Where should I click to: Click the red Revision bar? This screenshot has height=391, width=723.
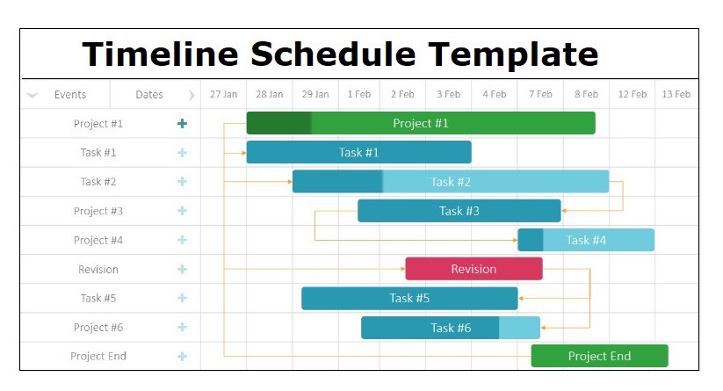point(474,269)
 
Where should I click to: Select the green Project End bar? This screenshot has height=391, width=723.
point(599,356)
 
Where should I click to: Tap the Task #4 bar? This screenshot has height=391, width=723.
point(586,240)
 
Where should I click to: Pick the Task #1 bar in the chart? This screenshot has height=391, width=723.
point(358,152)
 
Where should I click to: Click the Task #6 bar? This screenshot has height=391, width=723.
point(451,328)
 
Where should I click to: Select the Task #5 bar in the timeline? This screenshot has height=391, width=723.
point(409,299)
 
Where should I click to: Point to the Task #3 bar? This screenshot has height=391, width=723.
point(459,211)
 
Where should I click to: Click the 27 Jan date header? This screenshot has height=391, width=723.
point(224,95)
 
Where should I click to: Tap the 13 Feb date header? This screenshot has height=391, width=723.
point(676,95)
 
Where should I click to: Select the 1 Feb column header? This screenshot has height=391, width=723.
point(358,95)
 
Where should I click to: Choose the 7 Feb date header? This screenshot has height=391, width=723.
point(540,95)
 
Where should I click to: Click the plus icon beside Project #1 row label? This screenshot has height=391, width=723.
point(182,124)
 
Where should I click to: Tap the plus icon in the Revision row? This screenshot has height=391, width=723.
point(182,269)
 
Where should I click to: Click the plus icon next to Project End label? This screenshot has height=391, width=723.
point(182,357)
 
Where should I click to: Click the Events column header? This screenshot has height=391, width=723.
point(70,95)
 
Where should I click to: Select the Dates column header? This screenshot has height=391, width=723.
point(149,95)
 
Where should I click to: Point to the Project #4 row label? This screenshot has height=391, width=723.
point(98,240)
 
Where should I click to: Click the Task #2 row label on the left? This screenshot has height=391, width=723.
point(98,182)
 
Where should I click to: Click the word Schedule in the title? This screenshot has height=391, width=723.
point(333,54)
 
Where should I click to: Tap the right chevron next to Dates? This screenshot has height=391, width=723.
point(192,95)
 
